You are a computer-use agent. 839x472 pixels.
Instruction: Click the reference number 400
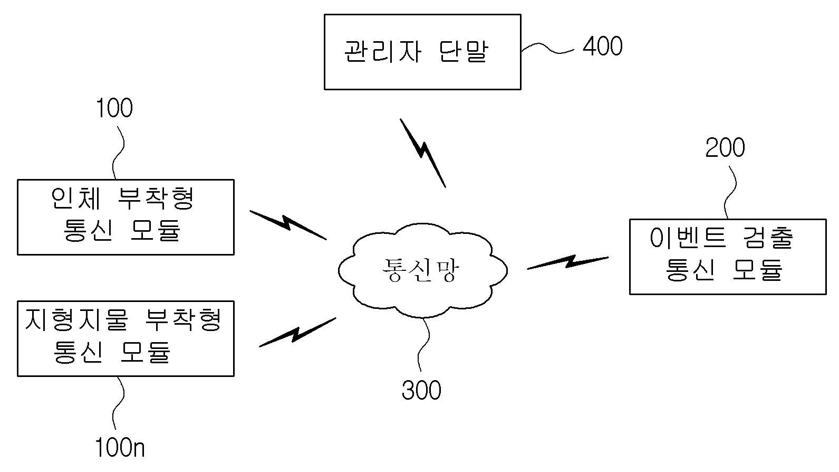602,46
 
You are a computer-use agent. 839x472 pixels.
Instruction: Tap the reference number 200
725,148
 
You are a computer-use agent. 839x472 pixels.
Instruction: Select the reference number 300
421,391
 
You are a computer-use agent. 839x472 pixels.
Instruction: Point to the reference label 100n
120,448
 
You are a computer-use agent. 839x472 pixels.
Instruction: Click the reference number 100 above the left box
114,108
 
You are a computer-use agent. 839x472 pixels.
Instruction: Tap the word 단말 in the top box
464,52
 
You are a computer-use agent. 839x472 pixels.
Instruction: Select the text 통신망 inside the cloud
421,271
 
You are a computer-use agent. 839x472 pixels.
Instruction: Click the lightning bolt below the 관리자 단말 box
423,153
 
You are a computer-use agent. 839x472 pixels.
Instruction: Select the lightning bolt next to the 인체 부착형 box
288,224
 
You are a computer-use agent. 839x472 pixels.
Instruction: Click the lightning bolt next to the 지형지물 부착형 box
297,333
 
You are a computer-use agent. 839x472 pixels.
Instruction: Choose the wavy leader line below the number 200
730,193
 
